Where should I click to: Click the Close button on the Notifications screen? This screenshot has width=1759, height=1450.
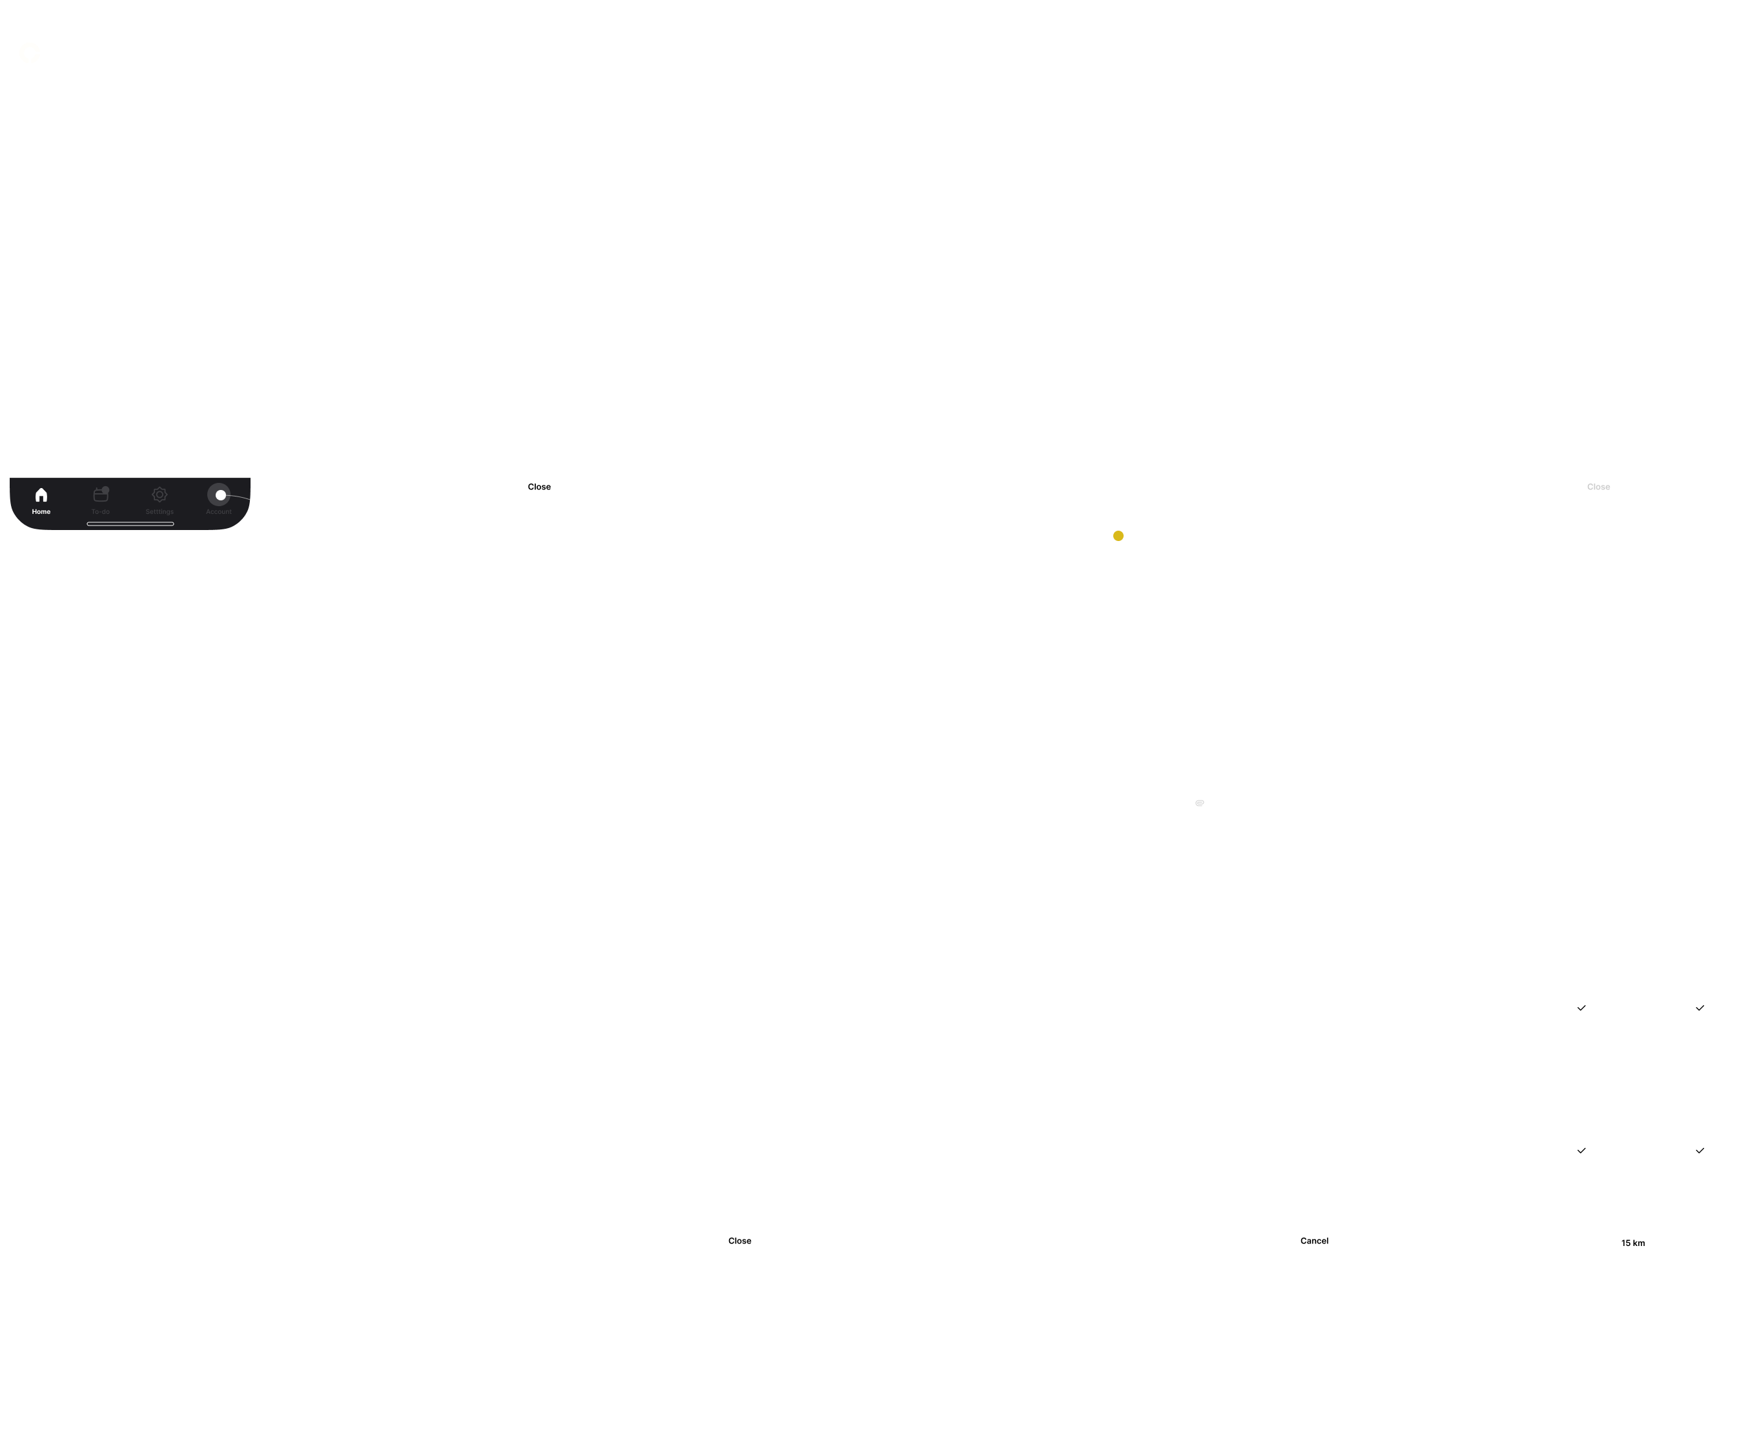click(x=539, y=486)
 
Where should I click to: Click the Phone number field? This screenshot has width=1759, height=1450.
click(x=536, y=935)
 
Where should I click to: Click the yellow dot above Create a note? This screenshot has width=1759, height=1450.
click(x=1118, y=535)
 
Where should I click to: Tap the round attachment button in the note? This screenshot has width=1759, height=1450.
click(x=1198, y=802)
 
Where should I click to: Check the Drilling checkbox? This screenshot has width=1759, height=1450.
click(x=1581, y=1007)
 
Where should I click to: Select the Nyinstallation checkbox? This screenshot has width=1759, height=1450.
click(x=1581, y=1150)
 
